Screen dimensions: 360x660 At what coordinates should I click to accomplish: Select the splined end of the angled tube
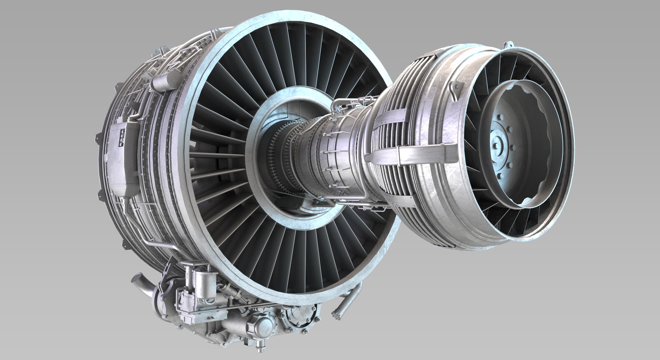point(335,314)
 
